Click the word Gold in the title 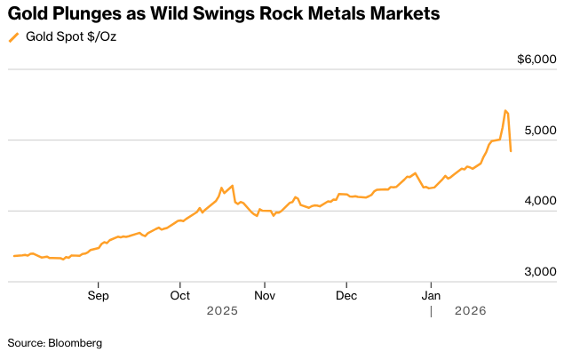point(29,14)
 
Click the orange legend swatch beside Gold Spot point(13,37)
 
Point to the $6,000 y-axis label point(537,60)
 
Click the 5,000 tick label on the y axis point(541,130)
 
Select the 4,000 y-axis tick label point(541,201)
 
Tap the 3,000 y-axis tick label point(541,272)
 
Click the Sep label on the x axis point(98,294)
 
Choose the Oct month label point(180,294)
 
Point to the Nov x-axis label point(264,294)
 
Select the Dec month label point(346,294)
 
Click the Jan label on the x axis point(431,294)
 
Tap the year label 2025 point(222,311)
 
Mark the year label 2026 point(471,311)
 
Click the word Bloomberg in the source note point(75,342)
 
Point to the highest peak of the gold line point(505,110)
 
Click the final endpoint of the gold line point(511,151)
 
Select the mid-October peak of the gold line point(232,185)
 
